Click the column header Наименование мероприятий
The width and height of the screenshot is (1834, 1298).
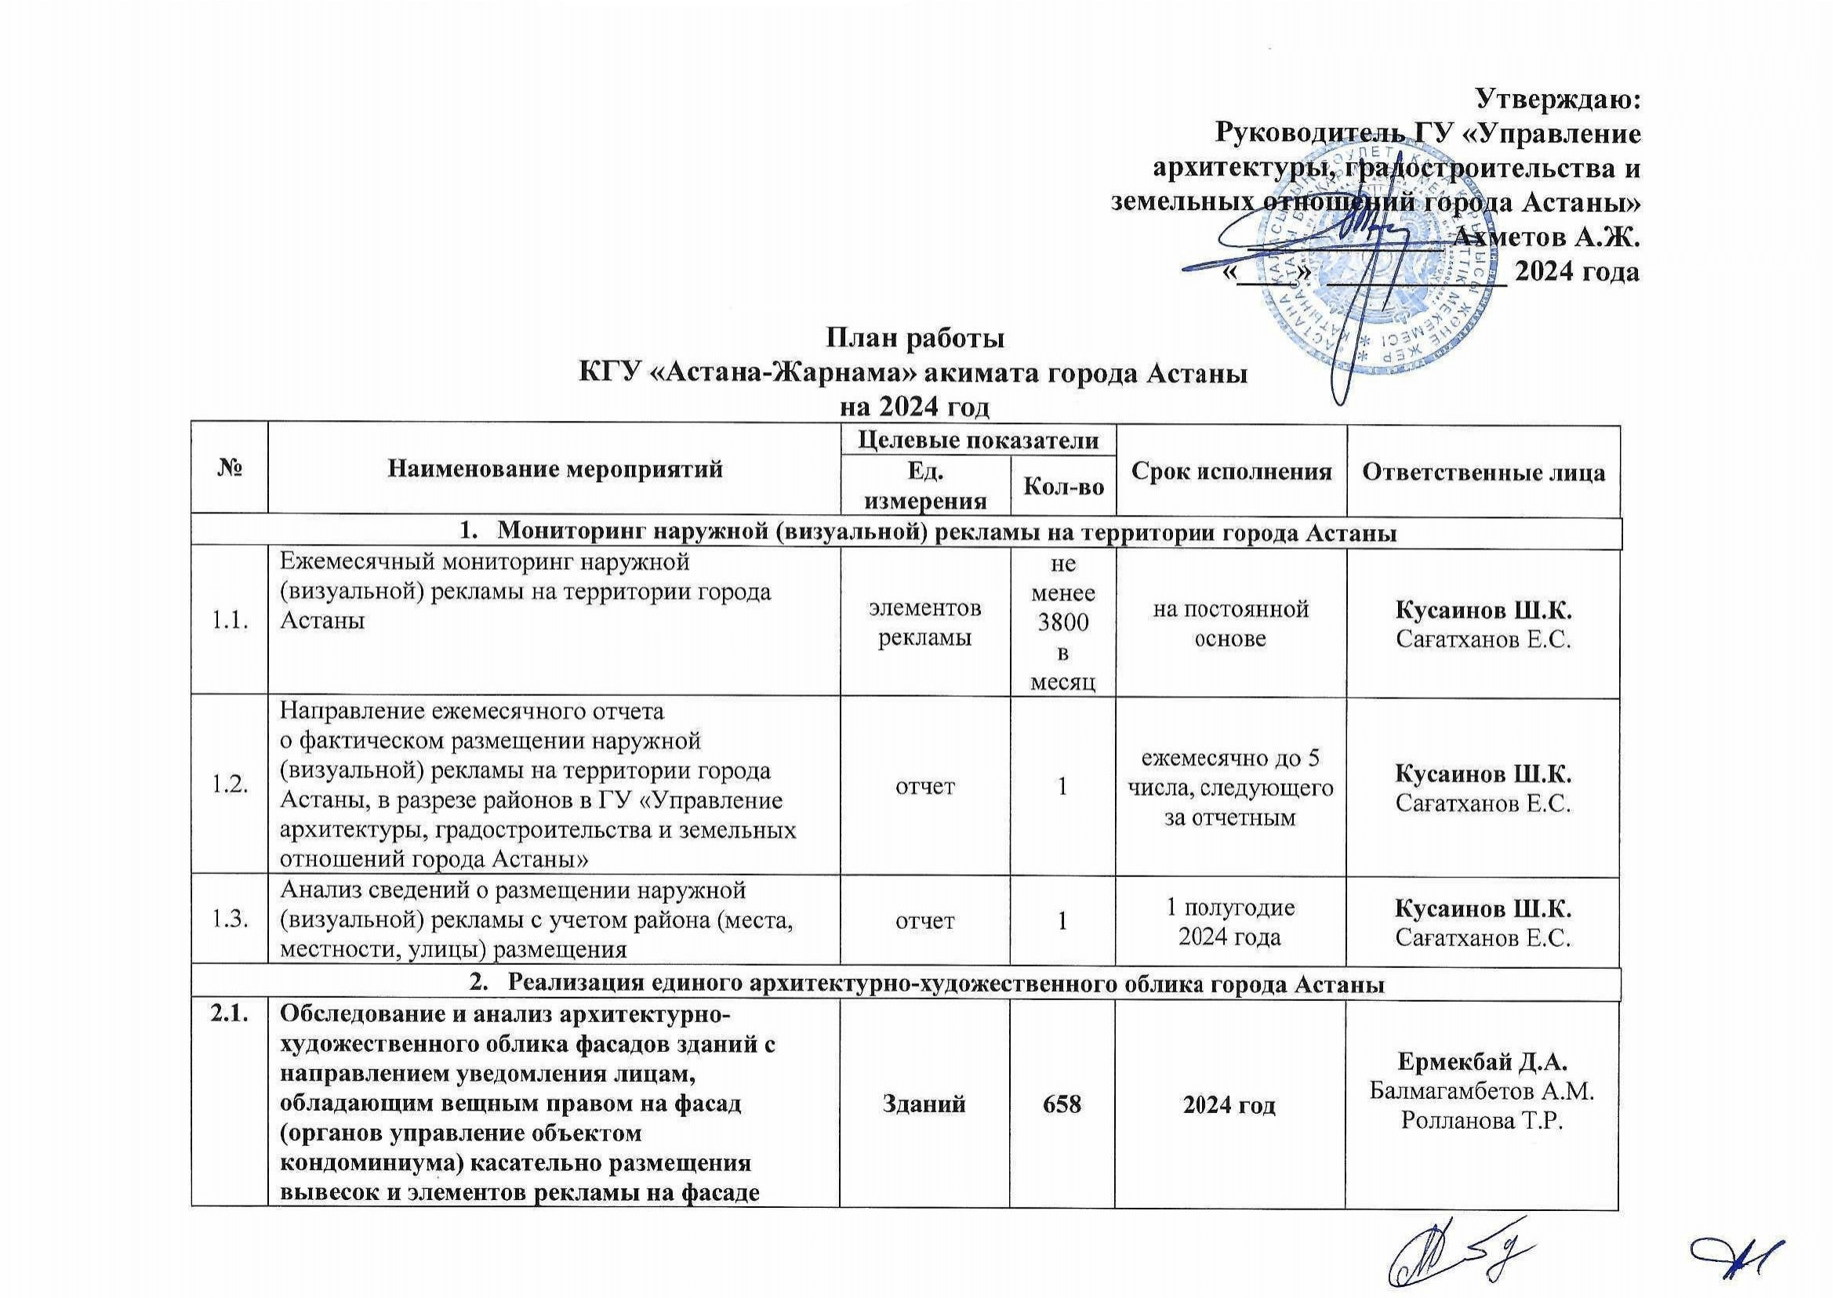(554, 470)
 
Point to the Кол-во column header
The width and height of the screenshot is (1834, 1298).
(1062, 486)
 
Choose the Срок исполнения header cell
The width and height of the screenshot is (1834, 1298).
(1231, 471)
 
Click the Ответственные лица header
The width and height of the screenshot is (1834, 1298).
(1483, 472)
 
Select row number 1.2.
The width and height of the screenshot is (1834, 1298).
(229, 786)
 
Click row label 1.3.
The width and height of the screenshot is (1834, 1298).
(229, 921)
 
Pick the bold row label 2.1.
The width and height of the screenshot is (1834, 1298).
(229, 1017)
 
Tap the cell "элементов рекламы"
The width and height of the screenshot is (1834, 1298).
(925, 623)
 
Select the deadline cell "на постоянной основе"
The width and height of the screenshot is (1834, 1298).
(1229, 623)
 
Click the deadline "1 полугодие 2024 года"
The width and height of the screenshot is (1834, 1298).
(1229, 922)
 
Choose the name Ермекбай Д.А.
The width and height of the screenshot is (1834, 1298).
(1482, 1062)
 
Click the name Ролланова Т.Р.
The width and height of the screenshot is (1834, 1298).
(1482, 1121)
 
